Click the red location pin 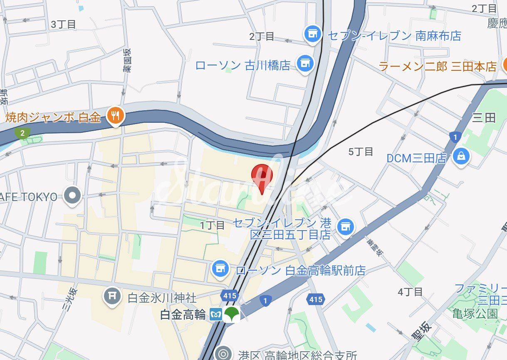(x=262, y=176)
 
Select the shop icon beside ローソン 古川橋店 (x=305, y=63)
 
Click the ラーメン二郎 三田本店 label (x=438, y=66)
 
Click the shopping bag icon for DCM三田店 (x=461, y=157)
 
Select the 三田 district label (x=484, y=118)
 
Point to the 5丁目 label (x=361, y=152)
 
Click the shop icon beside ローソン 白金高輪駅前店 (x=220, y=269)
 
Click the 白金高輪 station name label (x=183, y=315)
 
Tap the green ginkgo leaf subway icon (x=231, y=315)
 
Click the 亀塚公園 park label (x=475, y=313)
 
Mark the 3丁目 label (x=63, y=25)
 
